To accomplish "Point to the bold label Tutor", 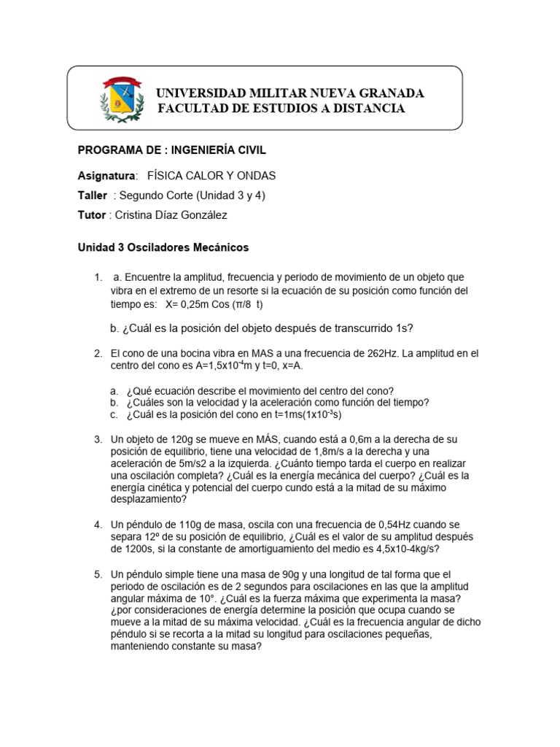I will pos(91,215).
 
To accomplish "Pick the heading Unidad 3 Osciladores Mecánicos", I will pos(163,247).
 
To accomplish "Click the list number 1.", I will pos(97,277).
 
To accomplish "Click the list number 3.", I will pos(97,439).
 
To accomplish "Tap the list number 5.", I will pos(97,574).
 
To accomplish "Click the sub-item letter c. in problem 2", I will pos(114,414).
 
